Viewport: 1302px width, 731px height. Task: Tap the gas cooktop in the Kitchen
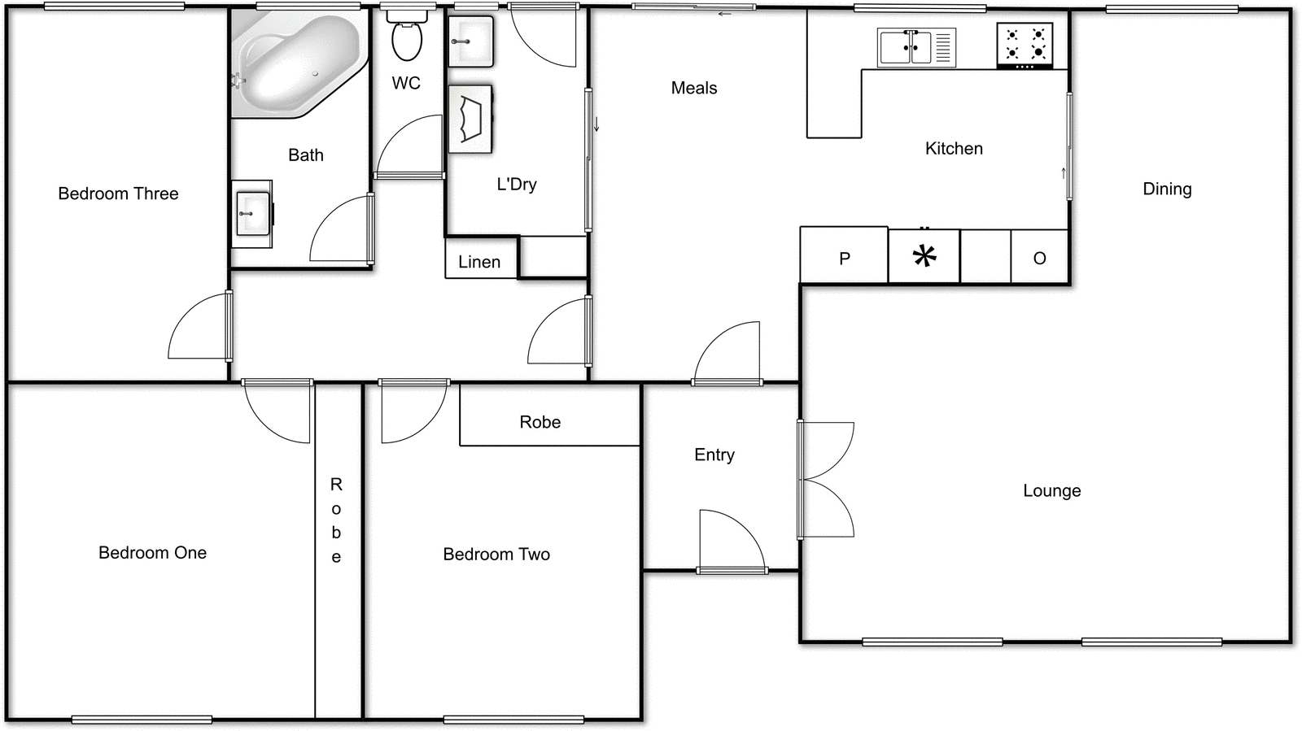1025,45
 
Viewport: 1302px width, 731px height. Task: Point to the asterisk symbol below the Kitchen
924,257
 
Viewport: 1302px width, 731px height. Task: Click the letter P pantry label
845,259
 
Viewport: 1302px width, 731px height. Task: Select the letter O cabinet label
1039,259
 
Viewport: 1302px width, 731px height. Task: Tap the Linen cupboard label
478,262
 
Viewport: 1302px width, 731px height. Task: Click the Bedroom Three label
118,194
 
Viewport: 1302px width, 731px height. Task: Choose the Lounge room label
1051,490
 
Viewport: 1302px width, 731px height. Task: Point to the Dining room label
1167,189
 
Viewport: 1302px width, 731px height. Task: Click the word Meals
693,88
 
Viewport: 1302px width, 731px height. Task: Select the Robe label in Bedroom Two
540,422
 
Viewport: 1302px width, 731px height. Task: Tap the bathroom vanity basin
251,213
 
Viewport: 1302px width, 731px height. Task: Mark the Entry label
714,455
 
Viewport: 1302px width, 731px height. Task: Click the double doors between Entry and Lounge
824,480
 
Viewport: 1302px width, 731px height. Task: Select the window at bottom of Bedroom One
142,720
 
